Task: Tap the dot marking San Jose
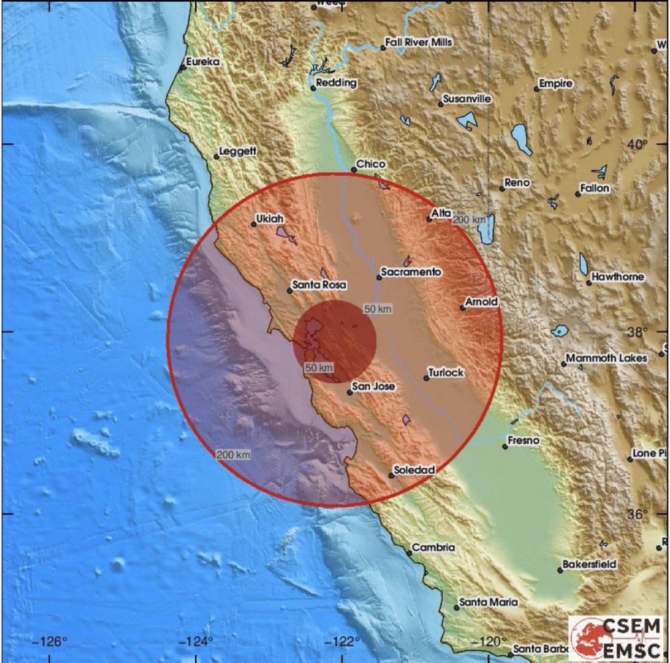click(x=350, y=392)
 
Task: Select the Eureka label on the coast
click(x=203, y=62)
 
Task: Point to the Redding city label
click(x=336, y=83)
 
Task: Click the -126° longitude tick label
click(x=50, y=642)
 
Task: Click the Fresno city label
click(x=524, y=440)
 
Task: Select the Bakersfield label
click(x=590, y=564)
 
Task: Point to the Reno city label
click(x=517, y=182)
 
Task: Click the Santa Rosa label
click(x=319, y=285)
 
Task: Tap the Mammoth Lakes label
click(x=606, y=358)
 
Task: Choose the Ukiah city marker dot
click(x=253, y=224)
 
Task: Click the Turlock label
click(x=446, y=372)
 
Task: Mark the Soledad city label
click(x=414, y=470)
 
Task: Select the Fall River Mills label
click(x=419, y=42)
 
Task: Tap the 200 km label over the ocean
click(x=233, y=455)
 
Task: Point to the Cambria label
click(x=434, y=547)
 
